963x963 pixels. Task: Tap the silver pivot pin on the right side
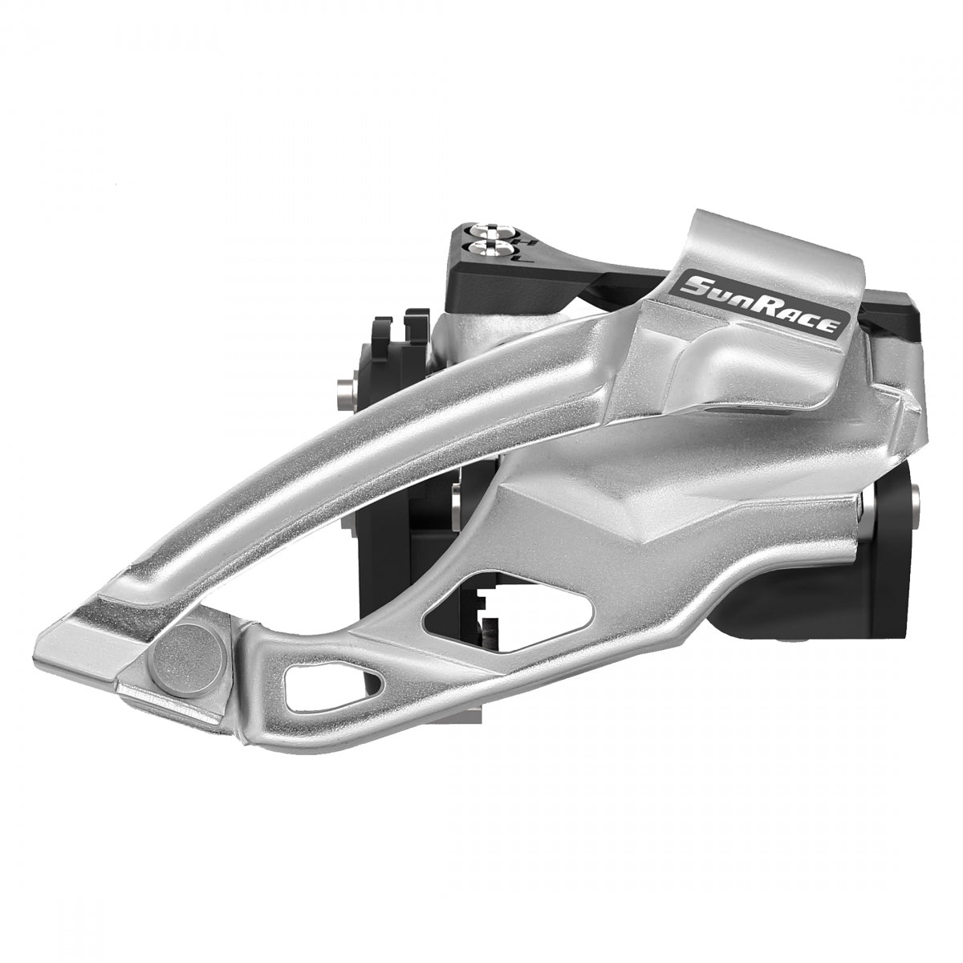click(865, 503)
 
